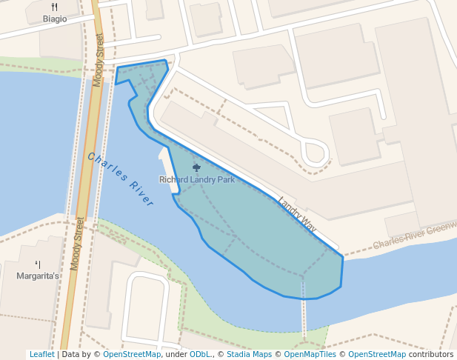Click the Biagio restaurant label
click(x=55, y=19)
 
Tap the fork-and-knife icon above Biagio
click(x=55, y=7)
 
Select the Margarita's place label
click(x=38, y=276)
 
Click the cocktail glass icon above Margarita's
click(x=38, y=264)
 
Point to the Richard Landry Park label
click(x=196, y=179)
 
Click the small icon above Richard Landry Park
click(x=196, y=167)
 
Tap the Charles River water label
click(x=120, y=179)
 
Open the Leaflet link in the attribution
click(x=41, y=354)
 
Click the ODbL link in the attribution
click(x=200, y=354)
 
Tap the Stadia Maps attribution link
click(x=248, y=354)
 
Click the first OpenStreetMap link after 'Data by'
click(x=131, y=354)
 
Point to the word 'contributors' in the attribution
click(x=431, y=354)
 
